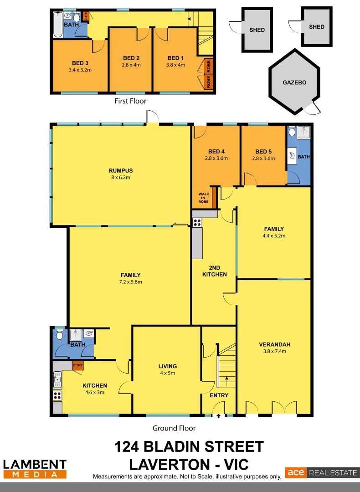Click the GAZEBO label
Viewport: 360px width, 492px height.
click(x=294, y=83)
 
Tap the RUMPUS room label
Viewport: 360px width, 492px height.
click(x=121, y=171)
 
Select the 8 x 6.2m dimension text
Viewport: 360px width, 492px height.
click(x=121, y=178)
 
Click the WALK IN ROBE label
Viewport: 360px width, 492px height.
click(x=203, y=198)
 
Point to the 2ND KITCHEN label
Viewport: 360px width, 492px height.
click(x=215, y=271)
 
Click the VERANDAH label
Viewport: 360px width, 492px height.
click(x=275, y=344)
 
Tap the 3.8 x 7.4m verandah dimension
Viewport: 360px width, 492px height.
click(x=275, y=351)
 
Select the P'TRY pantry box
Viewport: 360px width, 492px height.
click(x=78, y=365)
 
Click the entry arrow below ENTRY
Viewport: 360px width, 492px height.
click(x=219, y=415)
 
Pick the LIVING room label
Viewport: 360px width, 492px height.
click(x=167, y=366)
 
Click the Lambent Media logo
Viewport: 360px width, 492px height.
click(x=35, y=469)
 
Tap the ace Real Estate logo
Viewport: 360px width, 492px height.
click(x=322, y=473)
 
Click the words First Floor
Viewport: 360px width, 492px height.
click(x=130, y=101)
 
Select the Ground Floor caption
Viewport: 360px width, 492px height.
click(x=174, y=428)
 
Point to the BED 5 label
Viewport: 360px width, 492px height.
click(x=263, y=152)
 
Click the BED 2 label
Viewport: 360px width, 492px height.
click(x=131, y=58)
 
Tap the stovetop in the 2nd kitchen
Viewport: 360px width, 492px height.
click(x=197, y=223)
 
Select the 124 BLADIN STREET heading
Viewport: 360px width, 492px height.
click(x=189, y=446)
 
